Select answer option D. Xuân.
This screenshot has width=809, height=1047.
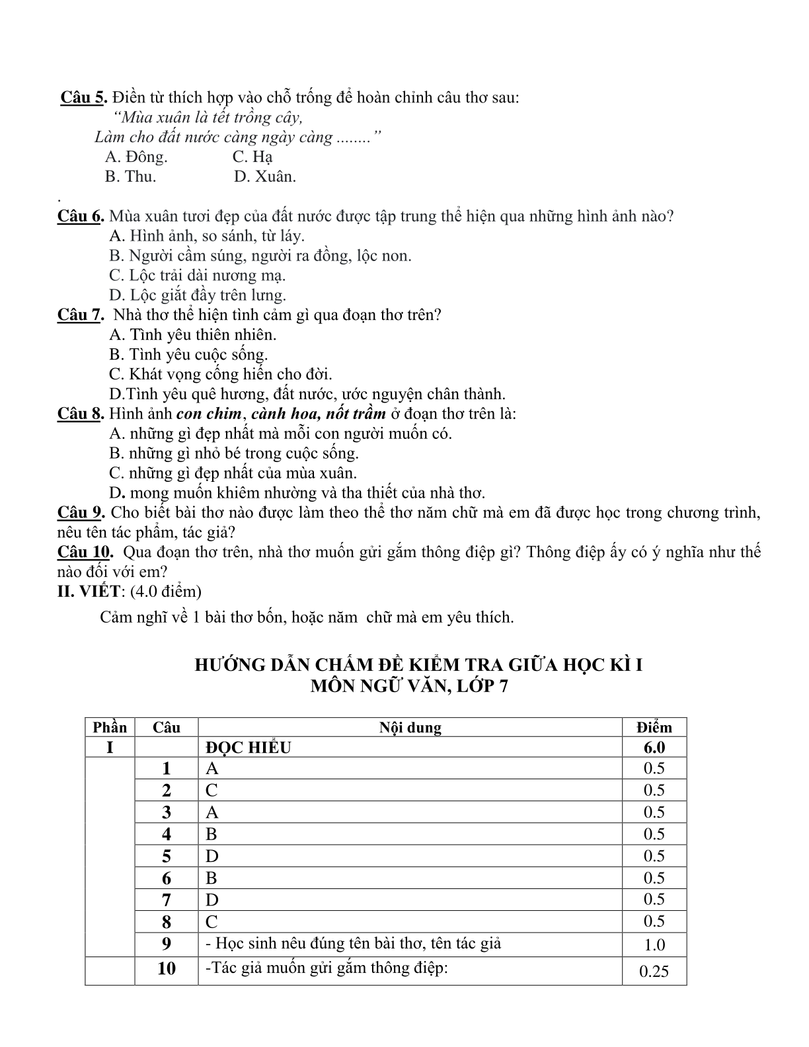pyautogui.click(x=265, y=177)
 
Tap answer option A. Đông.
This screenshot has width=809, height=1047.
pyautogui.click(x=136, y=157)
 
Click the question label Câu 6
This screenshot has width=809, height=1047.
pyautogui.click(x=81, y=216)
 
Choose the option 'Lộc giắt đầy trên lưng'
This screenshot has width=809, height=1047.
pyautogui.click(x=198, y=295)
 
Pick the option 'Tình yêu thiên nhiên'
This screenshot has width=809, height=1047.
pyautogui.click(x=193, y=335)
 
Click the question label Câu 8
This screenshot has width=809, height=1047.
pyautogui.click(x=81, y=414)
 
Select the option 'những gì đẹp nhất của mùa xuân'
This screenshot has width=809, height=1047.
pyautogui.click(x=233, y=473)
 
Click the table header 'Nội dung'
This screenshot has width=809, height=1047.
pyautogui.click(x=410, y=728)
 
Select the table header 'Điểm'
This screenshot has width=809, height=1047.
pyautogui.click(x=654, y=728)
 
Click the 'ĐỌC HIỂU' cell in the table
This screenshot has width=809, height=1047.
pyautogui.click(x=249, y=748)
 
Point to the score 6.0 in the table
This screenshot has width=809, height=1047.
pyautogui.click(x=654, y=748)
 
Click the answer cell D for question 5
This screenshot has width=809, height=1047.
pyautogui.click(x=212, y=856)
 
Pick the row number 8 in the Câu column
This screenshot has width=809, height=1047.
pyautogui.click(x=167, y=921)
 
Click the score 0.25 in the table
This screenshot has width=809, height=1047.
pyautogui.click(x=654, y=971)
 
